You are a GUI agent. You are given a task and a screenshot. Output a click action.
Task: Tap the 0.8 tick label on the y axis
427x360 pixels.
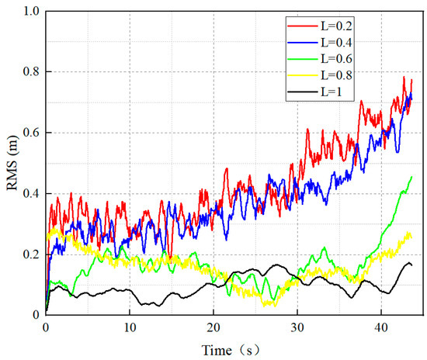(30, 71)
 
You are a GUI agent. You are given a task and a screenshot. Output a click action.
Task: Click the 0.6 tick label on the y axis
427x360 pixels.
(30, 132)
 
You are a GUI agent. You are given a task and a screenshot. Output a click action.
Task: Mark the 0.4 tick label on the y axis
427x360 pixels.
(30, 193)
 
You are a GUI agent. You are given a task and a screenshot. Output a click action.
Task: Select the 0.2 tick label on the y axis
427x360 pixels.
(30, 254)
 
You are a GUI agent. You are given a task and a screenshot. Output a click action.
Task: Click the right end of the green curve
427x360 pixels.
(411, 177)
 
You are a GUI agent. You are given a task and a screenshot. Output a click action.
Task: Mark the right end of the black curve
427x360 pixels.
(411, 265)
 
